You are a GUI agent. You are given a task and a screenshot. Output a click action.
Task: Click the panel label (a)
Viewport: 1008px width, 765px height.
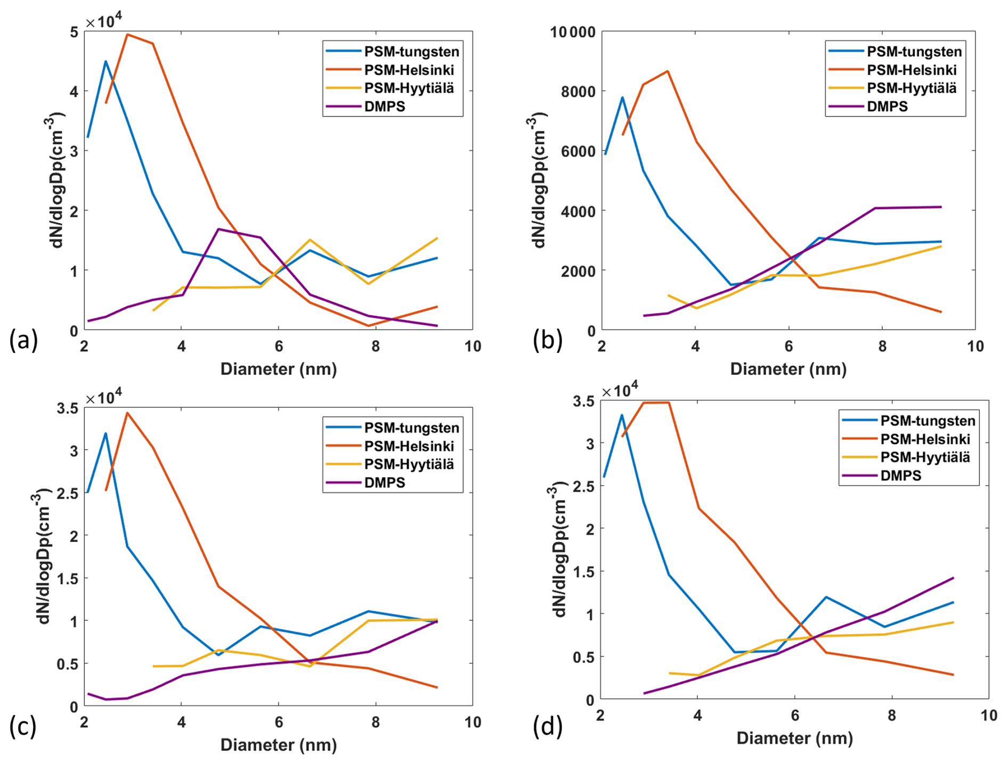[x=23, y=340]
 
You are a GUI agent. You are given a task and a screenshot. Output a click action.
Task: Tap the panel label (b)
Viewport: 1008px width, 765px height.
[x=547, y=340]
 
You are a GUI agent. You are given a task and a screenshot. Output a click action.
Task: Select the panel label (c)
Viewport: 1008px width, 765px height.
[x=23, y=727]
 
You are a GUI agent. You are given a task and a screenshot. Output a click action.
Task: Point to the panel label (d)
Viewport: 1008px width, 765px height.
[x=547, y=727]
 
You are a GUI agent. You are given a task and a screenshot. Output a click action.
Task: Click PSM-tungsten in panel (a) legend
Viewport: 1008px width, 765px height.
[x=411, y=52]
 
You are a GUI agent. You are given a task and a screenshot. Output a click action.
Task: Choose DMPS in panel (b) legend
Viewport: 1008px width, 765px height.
[x=887, y=106]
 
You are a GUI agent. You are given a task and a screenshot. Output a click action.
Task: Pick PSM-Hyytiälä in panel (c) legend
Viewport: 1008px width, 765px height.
[x=409, y=464]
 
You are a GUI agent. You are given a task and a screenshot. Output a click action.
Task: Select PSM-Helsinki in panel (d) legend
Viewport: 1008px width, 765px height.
[x=925, y=439]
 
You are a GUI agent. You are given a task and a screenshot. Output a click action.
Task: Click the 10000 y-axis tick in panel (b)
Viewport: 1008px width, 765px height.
[x=573, y=32]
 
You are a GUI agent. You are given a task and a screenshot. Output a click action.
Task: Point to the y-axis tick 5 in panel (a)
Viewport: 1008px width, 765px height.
[x=74, y=32]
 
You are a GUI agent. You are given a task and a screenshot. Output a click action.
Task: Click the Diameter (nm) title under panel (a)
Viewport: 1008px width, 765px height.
[x=279, y=369]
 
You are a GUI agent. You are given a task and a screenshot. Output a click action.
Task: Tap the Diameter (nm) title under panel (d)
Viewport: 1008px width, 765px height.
[x=794, y=738]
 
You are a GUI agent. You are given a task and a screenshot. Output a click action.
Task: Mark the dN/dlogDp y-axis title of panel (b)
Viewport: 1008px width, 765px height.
[x=539, y=181]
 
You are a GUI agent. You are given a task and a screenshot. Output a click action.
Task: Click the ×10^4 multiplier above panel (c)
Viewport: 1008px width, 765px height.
[x=103, y=397]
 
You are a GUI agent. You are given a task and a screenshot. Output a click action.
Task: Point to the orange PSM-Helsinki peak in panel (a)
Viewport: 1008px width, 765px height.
[x=128, y=35]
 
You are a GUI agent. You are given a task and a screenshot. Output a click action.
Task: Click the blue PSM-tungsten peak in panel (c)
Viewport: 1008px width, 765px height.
[x=105, y=433]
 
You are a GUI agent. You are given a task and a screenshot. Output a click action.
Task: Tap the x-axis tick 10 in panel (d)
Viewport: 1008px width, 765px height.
[x=989, y=715]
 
